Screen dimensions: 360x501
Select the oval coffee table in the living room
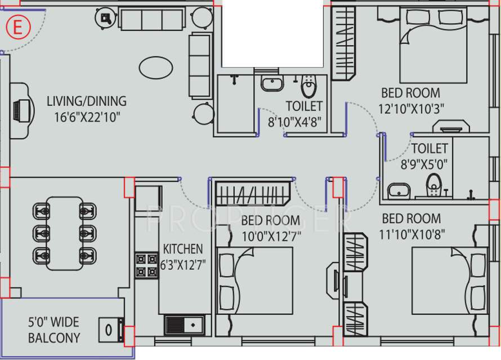pyautogui.click(x=156, y=68)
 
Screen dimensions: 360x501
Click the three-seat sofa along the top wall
pyautogui.click(x=152, y=20)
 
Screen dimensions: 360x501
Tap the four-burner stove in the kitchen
pyautogui.click(x=147, y=265)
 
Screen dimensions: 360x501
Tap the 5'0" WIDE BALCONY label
pyautogui.click(x=54, y=330)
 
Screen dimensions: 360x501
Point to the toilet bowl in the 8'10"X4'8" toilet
pyautogui.click(x=308, y=87)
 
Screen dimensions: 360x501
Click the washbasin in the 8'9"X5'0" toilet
pyautogui.click(x=399, y=190)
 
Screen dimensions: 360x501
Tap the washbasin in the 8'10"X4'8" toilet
pyautogui.click(x=272, y=85)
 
